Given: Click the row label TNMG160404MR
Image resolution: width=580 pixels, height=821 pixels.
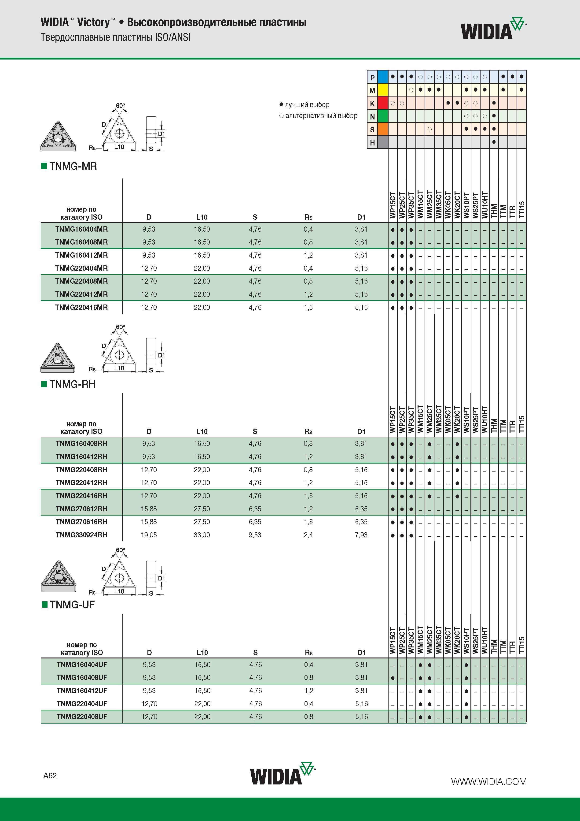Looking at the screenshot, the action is coord(81,229).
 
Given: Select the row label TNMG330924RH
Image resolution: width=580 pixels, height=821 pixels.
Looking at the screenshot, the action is coord(81,535).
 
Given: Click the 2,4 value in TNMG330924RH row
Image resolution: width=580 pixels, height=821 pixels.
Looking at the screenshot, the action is coord(308,535).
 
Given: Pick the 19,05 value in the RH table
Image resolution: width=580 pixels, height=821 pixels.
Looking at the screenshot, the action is coord(149,535).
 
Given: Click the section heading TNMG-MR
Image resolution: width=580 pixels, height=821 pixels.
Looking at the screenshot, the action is coord(73,166).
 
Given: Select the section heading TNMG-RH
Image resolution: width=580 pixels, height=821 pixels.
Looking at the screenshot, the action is coord(72,384).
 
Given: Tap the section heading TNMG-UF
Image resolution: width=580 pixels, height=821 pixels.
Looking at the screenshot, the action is coord(72,605).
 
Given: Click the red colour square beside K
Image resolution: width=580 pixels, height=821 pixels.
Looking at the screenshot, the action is coord(383,103).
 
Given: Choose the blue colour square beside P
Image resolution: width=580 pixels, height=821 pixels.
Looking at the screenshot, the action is coord(383,77).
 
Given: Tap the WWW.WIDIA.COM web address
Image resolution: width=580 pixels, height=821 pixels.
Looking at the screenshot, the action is coord(488,782).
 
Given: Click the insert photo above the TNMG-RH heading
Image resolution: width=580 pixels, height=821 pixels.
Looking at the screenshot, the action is coord(58,358).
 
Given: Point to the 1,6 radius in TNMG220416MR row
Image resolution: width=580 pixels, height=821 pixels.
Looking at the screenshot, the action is coord(308,308).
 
